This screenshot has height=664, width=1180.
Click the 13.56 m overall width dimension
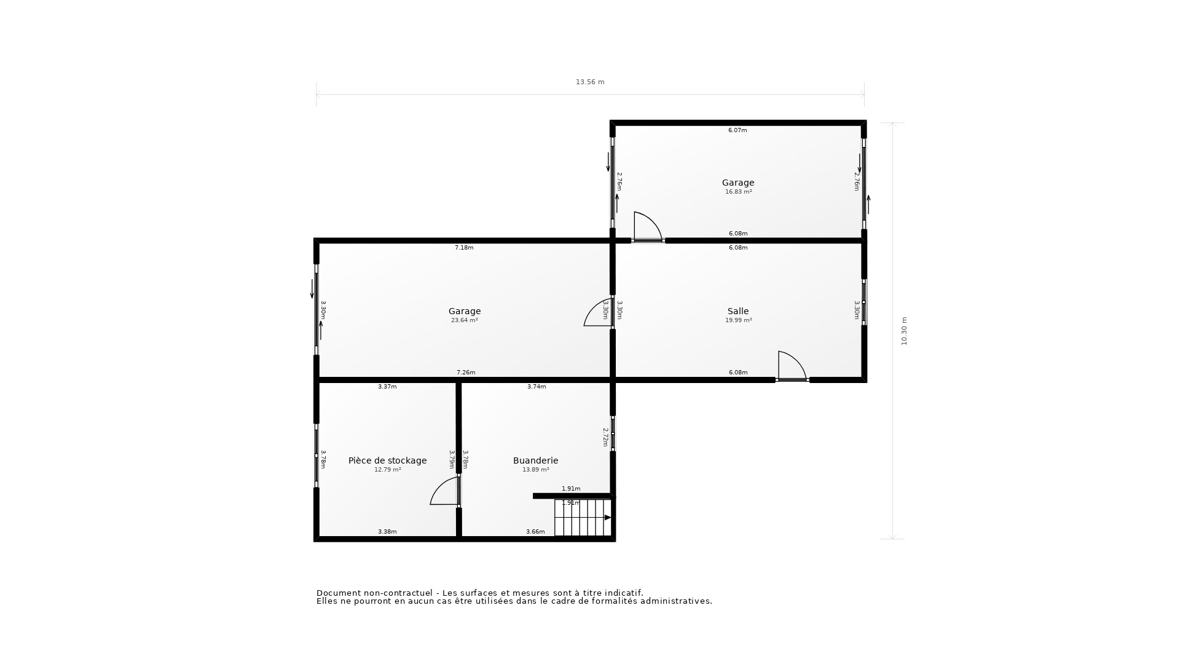coord(590,82)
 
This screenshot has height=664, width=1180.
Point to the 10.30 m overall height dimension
coord(904,331)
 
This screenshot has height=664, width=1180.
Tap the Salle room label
coord(738,311)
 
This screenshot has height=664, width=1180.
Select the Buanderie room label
coord(535,460)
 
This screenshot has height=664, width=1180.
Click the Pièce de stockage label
coord(387,460)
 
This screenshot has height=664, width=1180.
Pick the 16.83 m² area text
coord(738,192)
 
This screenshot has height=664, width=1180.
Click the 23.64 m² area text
coord(464,320)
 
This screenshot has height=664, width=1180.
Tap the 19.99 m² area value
coord(738,320)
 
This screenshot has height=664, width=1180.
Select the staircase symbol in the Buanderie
coord(583,518)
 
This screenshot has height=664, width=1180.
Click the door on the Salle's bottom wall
coord(792,366)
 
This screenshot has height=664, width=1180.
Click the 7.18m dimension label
coord(464,248)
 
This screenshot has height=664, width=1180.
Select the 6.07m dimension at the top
coord(737,130)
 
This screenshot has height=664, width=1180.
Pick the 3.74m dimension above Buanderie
coord(537,387)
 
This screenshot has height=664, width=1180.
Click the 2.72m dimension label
coord(605,437)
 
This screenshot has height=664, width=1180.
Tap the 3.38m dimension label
coord(387,532)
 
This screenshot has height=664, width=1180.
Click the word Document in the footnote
coord(337,593)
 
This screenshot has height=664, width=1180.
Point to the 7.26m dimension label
coord(466,373)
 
